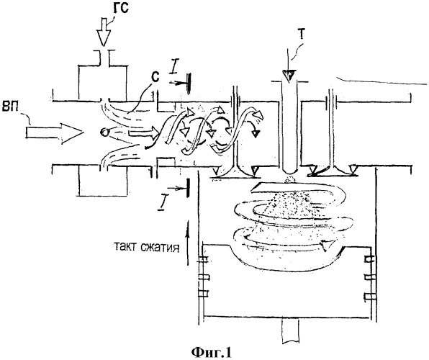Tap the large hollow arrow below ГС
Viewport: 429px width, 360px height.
[104, 31]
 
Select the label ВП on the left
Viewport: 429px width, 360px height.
[10, 106]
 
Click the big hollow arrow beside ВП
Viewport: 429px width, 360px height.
[55, 133]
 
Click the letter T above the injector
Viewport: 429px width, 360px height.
[301, 37]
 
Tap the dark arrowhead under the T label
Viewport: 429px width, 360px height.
[289, 75]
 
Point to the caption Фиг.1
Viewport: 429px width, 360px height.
[211, 352]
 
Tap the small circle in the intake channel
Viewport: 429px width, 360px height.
[104, 132]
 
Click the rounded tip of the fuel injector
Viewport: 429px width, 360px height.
[290, 172]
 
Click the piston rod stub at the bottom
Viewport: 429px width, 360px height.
[290, 332]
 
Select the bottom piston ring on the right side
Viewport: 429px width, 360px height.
[369, 297]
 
